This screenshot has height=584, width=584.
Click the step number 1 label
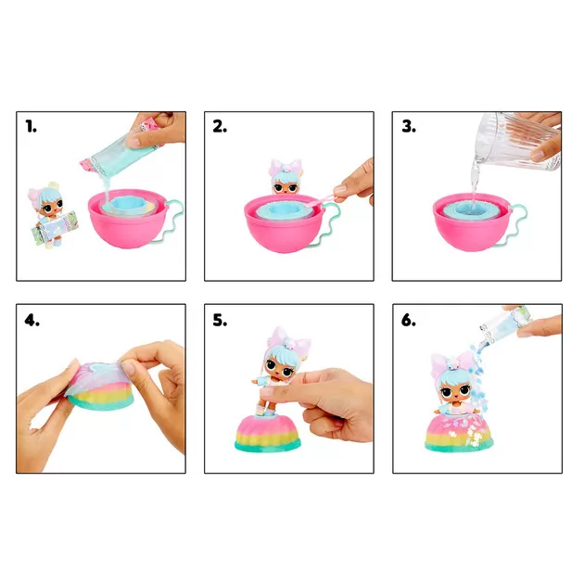(x=32, y=127)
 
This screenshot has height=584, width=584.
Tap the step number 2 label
(x=220, y=127)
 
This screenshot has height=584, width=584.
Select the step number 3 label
(x=409, y=127)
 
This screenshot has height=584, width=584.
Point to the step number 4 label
(x=32, y=320)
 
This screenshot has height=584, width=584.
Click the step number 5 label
(x=220, y=320)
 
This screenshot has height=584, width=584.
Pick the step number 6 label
(x=409, y=320)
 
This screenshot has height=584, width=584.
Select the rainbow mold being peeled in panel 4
(x=101, y=387)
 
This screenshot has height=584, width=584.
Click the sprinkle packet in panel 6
(x=508, y=324)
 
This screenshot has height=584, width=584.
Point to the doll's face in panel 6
(x=455, y=389)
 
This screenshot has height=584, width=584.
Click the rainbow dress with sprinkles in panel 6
(x=459, y=433)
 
